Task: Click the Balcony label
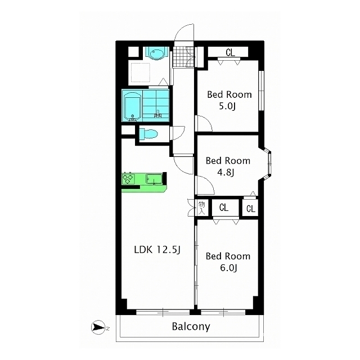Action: [191, 326]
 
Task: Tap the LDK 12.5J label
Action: [157, 250]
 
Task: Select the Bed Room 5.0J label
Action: [229, 101]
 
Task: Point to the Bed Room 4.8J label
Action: [228, 166]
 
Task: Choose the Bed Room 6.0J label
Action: [228, 262]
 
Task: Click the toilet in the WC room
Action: [148, 134]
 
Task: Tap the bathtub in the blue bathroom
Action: [132, 106]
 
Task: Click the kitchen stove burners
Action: [128, 178]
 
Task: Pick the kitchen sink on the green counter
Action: [154, 179]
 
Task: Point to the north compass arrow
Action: [98, 327]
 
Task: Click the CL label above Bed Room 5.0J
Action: [230, 52]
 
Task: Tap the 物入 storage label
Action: [201, 208]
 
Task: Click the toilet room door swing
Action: [178, 133]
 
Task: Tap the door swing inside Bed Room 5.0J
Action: [204, 123]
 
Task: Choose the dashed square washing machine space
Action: [141, 73]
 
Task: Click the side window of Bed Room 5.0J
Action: [261, 91]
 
